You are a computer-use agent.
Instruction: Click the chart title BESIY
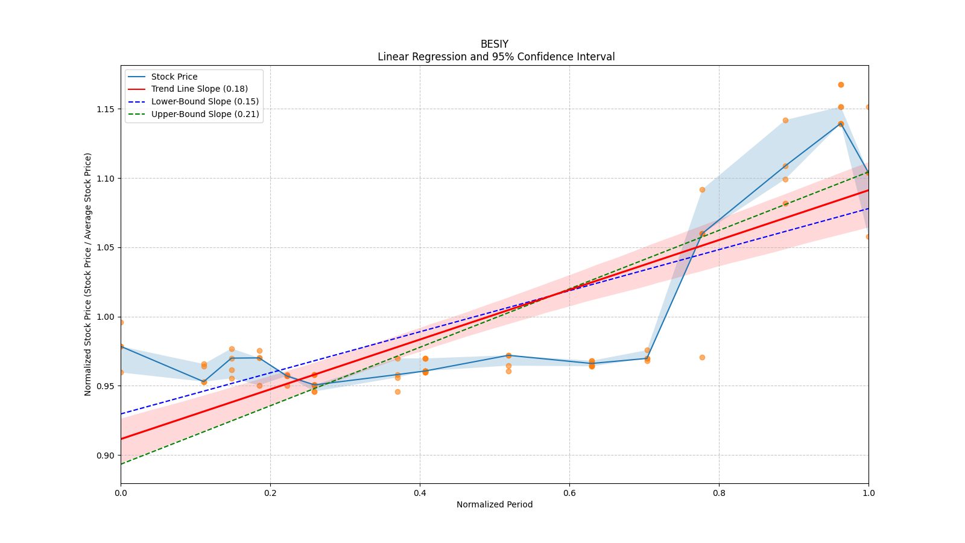[494, 44]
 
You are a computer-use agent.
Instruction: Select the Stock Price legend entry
[174, 77]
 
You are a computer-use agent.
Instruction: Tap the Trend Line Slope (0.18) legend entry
[199, 89]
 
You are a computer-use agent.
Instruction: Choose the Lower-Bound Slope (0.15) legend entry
[204, 101]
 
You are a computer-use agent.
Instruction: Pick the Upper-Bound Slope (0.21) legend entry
[205, 114]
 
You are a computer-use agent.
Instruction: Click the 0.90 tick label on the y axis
[106, 456]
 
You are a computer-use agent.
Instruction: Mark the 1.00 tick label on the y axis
[106, 317]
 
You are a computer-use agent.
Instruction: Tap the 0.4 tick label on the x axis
[420, 493]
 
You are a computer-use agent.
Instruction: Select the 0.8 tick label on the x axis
[719, 493]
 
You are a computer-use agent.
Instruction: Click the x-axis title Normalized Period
[494, 504]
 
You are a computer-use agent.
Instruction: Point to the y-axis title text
[88, 275]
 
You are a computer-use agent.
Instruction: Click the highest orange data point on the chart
[841, 84]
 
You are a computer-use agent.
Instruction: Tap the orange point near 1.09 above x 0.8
[702, 189]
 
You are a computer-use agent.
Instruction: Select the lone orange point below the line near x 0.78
[702, 357]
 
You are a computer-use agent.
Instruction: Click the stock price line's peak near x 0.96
[841, 124]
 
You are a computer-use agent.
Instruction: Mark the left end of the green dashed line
[121, 464]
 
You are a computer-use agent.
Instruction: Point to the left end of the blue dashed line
[121, 414]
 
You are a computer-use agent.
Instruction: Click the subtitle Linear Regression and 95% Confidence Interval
[496, 57]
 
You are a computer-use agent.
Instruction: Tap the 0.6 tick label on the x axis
[569, 493]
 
